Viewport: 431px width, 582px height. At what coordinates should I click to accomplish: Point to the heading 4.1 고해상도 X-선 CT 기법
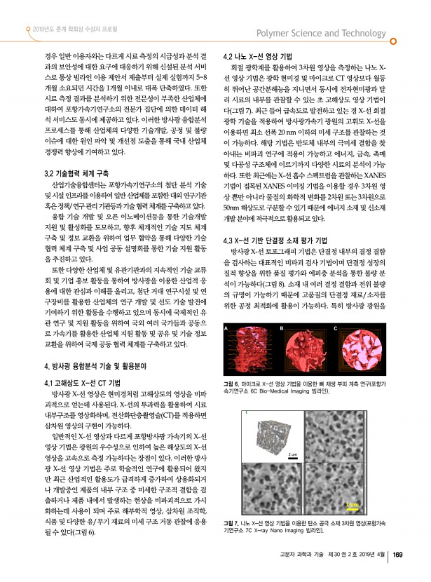pos(83,384)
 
